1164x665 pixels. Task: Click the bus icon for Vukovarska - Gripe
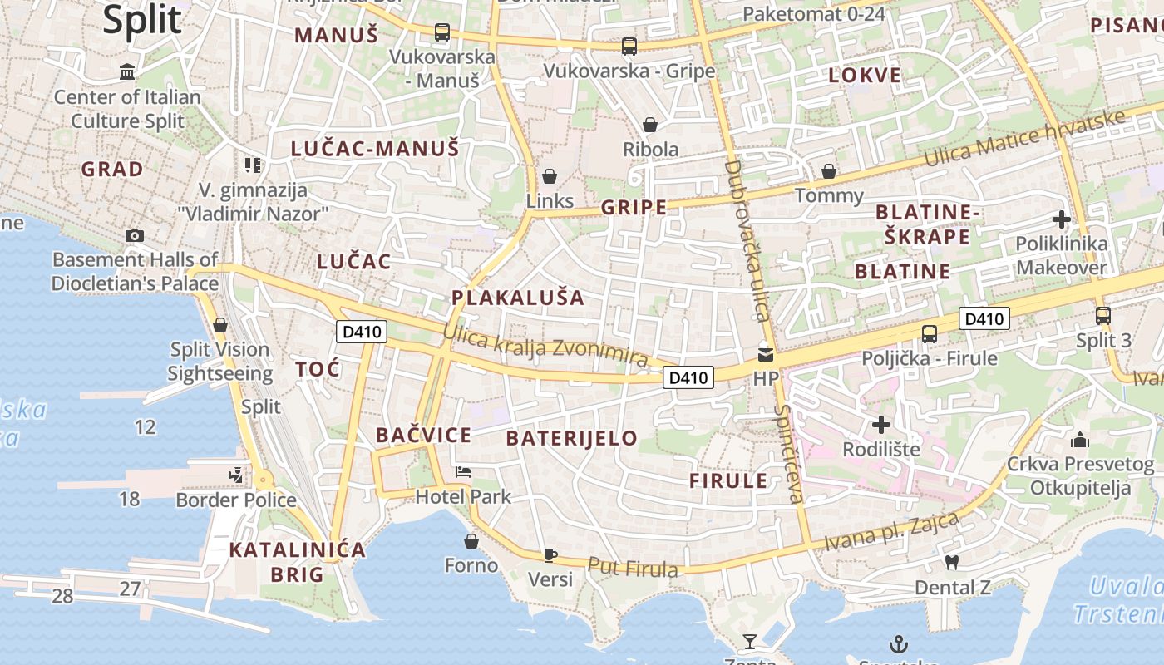click(629, 46)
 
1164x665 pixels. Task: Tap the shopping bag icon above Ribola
click(650, 125)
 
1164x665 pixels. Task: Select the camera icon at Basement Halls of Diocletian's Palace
click(135, 235)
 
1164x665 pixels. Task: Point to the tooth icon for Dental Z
click(953, 562)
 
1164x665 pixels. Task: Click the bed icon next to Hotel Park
click(463, 472)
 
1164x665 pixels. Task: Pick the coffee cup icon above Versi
click(550, 554)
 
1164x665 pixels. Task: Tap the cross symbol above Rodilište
click(881, 426)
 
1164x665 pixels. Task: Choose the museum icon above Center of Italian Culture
click(127, 71)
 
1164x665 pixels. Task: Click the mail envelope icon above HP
click(765, 355)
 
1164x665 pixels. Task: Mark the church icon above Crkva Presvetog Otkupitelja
click(1080, 439)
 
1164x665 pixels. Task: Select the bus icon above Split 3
click(1103, 316)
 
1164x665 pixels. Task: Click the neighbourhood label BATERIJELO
click(572, 438)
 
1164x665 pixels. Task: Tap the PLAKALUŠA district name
click(518, 297)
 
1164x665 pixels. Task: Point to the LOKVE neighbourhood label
click(865, 76)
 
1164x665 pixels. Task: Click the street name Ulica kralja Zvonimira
click(545, 346)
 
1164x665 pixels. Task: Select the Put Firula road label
click(633, 568)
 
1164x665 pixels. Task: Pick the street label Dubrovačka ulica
click(745, 241)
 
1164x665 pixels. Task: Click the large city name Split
click(142, 19)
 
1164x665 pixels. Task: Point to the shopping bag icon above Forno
click(471, 541)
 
